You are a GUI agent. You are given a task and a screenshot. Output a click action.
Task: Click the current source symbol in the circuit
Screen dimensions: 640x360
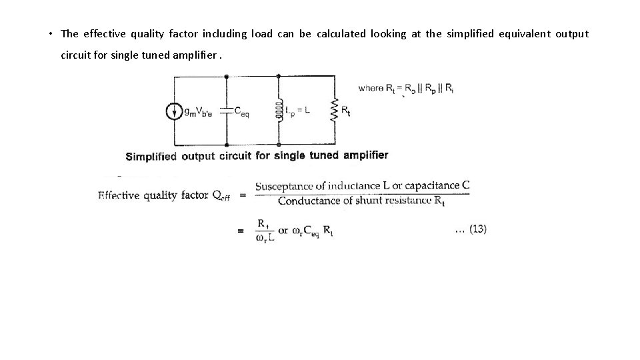[x=175, y=111]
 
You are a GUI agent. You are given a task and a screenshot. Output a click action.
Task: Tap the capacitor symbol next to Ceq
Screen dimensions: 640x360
[x=227, y=111]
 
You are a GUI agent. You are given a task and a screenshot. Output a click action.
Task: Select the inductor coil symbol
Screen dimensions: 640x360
[x=278, y=111]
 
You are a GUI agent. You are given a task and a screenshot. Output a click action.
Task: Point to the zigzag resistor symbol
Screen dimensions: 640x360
[x=332, y=111]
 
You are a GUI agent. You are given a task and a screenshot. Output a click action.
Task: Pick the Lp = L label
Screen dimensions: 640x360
[x=297, y=111]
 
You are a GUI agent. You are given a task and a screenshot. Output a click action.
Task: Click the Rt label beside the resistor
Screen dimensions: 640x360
[x=346, y=111]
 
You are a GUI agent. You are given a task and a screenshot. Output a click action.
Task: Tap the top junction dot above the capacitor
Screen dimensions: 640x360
[x=227, y=77]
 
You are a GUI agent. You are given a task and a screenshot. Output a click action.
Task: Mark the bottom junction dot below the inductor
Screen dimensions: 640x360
[x=278, y=145]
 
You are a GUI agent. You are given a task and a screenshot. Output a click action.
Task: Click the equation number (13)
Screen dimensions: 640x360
[x=477, y=229]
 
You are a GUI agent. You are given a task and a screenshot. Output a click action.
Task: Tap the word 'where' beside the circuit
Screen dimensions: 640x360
[x=370, y=87]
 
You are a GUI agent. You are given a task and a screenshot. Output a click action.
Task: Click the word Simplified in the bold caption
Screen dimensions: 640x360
[x=151, y=157]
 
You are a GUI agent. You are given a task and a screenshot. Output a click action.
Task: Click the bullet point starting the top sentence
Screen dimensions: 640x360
[x=51, y=34]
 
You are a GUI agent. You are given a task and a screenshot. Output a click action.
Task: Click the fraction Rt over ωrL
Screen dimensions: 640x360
[x=265, y=231]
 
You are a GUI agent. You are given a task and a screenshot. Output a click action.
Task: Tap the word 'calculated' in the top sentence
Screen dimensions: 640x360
[x=341, y=34]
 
